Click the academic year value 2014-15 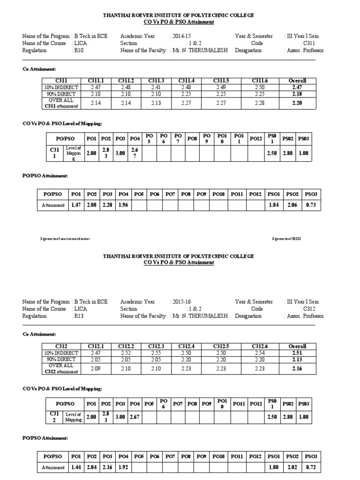[x=182, y=36]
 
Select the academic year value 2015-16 [x=182, y=302]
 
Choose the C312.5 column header [x=220, y=346]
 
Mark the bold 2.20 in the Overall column [x=296, y=103]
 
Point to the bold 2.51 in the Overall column [x=296, y=353]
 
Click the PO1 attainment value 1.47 [x=75, y=205]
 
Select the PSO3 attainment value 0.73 [x=311, y=205]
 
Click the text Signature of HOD [x=286, y=239]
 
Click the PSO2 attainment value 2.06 [x=292, y=205]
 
